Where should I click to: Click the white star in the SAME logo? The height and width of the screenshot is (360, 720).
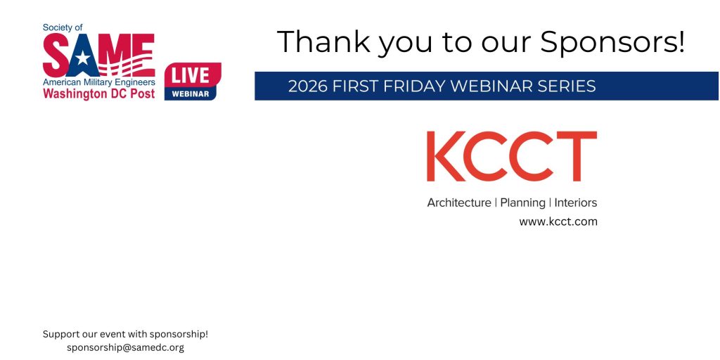pos(83,58)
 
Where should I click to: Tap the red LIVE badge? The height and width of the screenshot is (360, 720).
pos(193,75)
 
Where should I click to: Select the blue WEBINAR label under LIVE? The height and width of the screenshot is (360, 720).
pos(190,94)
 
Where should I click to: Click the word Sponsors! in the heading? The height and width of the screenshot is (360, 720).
pos(612,42)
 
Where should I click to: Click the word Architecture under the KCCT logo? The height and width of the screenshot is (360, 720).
pos(458,202)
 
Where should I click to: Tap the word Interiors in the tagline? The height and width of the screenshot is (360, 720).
pos(576,202)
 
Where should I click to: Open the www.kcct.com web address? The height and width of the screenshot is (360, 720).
pos(558,221)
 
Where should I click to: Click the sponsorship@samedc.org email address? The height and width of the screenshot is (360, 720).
pos(125,347)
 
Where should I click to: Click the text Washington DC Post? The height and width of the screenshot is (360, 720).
pos(98,94)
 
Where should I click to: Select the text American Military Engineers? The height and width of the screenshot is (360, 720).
pos(98,82)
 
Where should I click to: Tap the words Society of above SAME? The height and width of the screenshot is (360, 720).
pos(63,27)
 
